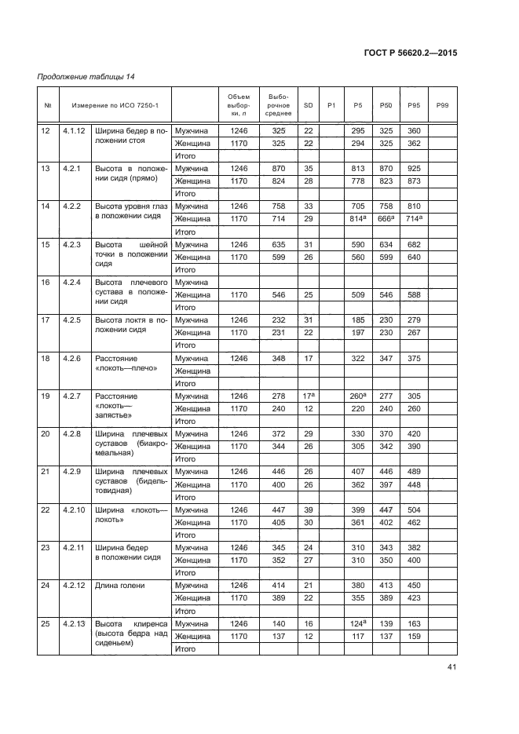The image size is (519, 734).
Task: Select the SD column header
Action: (308, 105)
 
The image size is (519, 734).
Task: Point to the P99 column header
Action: (442, 105)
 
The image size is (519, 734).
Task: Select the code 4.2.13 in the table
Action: (76, 623)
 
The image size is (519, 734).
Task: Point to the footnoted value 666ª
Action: (386, 218)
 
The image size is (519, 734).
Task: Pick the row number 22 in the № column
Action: (49, 509)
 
